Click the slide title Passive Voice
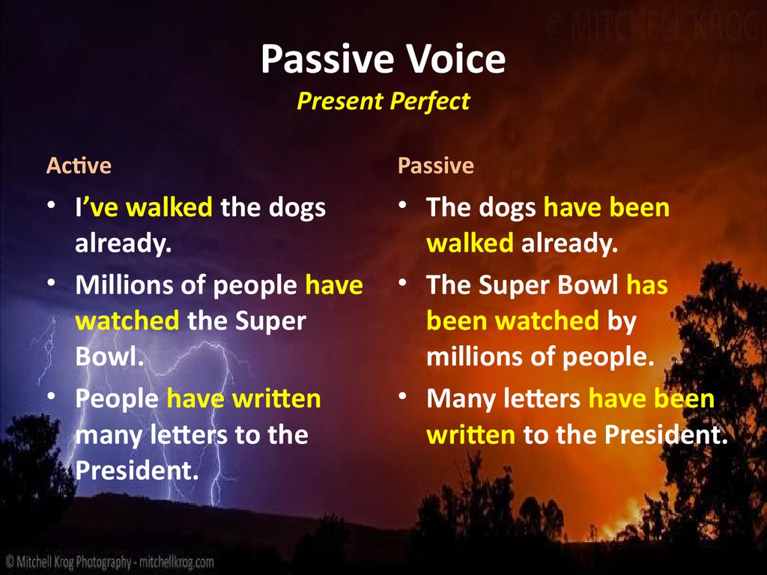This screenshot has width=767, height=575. pyautogui.click(x=383, y=61)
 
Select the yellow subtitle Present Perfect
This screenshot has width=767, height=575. pyautogui.click(x=383, y=101)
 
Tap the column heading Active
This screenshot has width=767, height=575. pyautogui.click(x=79, y=165)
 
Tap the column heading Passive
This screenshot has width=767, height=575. pyautogui.click(x=435, y=165)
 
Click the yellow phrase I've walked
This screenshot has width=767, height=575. pyautogui.click(x=143, y=207)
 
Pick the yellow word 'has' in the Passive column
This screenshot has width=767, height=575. pyautogui.click(x=646, y=285)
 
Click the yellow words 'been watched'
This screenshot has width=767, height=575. pyautogui.click(x=512, y=321)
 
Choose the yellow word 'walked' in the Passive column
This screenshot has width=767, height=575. pyautogui.click(x=470, y=243)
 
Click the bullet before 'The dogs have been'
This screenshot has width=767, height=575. pyautogui.click(x=402, y=205)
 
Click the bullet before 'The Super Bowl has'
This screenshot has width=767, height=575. pyautogui.click(x=402, y=283)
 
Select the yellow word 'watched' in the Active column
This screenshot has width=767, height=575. pyautogui.click(x=127, y=321)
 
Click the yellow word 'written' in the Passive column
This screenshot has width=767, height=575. pyautogui.click(x=470, y=435)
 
